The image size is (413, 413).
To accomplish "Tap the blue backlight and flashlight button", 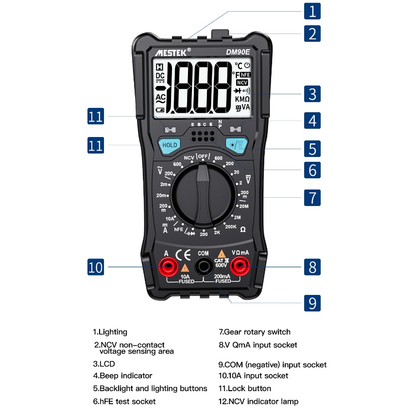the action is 237,145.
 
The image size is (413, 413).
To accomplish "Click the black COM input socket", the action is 204,267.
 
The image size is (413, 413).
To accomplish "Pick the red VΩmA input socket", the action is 240,267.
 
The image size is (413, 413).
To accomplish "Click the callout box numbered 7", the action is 312,198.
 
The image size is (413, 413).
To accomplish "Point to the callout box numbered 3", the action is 312,94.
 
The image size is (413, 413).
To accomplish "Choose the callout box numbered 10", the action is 96,267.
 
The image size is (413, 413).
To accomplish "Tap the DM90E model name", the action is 238,52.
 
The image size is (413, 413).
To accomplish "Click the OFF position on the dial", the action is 203,156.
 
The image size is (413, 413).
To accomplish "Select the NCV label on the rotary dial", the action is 189,158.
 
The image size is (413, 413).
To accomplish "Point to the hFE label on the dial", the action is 179,229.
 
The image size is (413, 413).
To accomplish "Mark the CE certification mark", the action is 183,255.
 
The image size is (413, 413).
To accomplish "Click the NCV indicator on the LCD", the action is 242,83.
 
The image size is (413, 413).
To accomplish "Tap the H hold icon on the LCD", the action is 160,67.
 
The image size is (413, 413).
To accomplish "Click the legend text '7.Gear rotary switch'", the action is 255,332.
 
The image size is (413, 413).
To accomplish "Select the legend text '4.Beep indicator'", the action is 122,376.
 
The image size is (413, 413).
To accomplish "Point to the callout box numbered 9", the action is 312,303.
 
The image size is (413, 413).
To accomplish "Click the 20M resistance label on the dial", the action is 244,206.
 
